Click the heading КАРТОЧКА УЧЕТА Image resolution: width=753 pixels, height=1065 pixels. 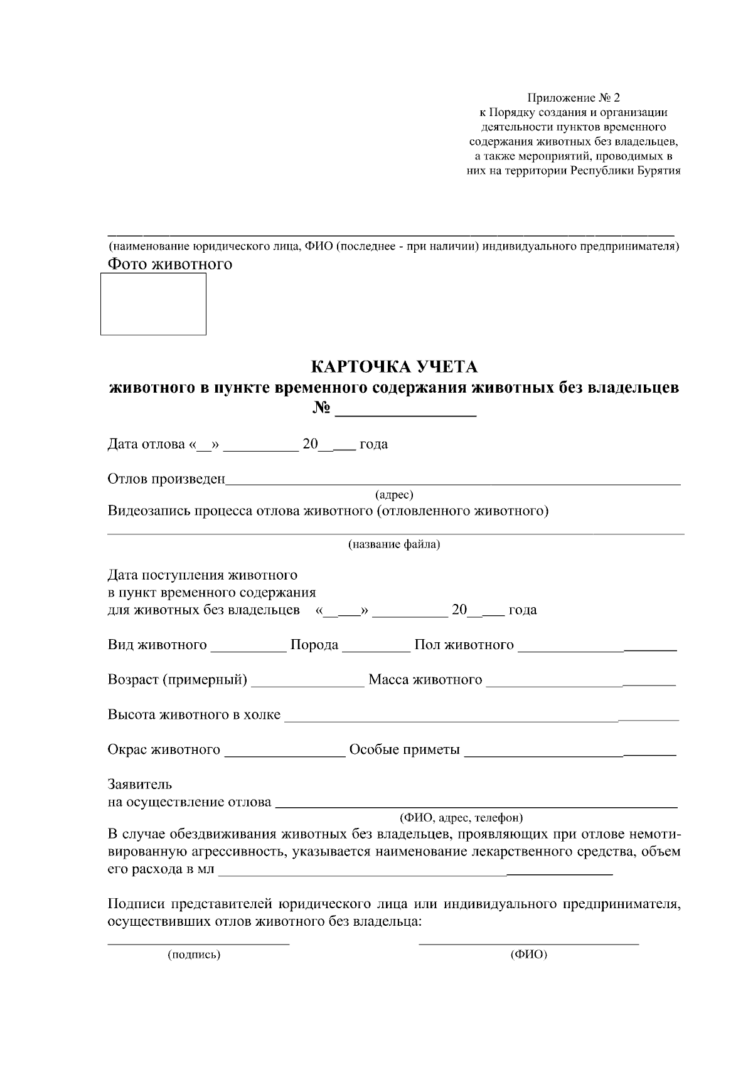click(x=394, y=366)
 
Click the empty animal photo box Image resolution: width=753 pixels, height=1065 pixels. click(x=154, y=304)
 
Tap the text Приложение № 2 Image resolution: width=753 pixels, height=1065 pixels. click(x=573, y=98)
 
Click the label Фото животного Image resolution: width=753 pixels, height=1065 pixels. click(x=170, y=264)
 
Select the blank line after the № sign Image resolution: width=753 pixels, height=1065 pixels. click(x=406, y=411)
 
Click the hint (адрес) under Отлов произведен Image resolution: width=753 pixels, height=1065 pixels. click(x=394, y=495)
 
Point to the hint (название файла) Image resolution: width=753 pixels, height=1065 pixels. click(x=394, y=544)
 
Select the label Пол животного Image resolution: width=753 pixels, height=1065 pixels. click(x=464, y=645)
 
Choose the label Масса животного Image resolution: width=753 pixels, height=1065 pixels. click(x=425, y=680)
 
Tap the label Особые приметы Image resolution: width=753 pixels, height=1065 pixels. click(x=405, y=750)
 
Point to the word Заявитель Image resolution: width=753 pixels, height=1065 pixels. click(x=140, y=784)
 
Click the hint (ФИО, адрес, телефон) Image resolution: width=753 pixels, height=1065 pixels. click(x=461, y=818)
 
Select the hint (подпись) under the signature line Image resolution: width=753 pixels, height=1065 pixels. click(x=194, y=955)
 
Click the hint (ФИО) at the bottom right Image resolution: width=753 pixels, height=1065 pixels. click(x=529, y=955)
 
